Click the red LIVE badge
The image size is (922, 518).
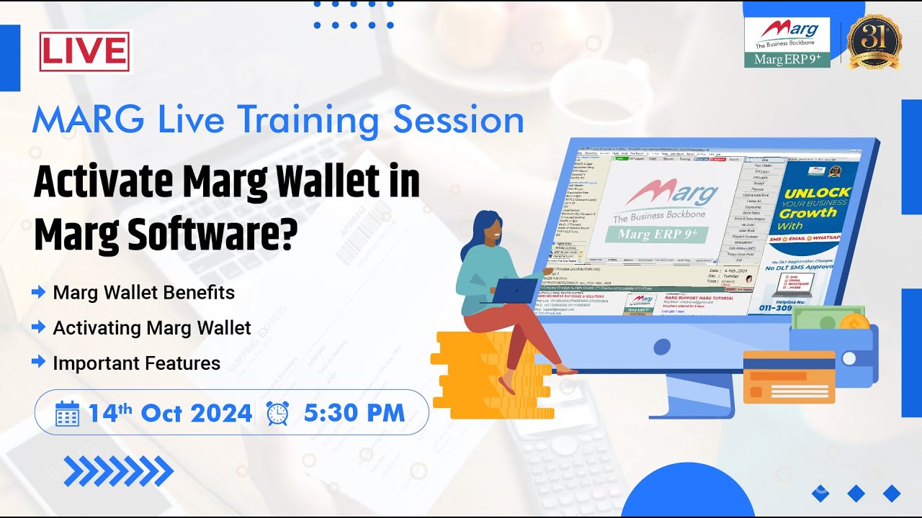click(85, 52)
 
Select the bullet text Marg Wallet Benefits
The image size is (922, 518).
click(144, 293)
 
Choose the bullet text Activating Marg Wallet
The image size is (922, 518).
click(152, 328)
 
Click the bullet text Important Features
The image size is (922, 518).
click(137, 363)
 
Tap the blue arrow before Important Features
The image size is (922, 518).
click(39, 363)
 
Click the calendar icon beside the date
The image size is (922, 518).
click(67, 413)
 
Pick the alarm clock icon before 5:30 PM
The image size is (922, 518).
click(277, 413)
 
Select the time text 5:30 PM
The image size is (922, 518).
click(354, 413)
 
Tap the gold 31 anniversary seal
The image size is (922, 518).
click(874, 42)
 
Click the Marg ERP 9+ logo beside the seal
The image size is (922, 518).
click(787, 42)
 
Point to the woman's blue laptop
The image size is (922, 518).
click(516, 291)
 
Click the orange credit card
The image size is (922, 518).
click(789, 376)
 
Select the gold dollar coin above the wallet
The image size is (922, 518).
click(854, 323)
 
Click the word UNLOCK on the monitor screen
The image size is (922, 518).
click(817, 194)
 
